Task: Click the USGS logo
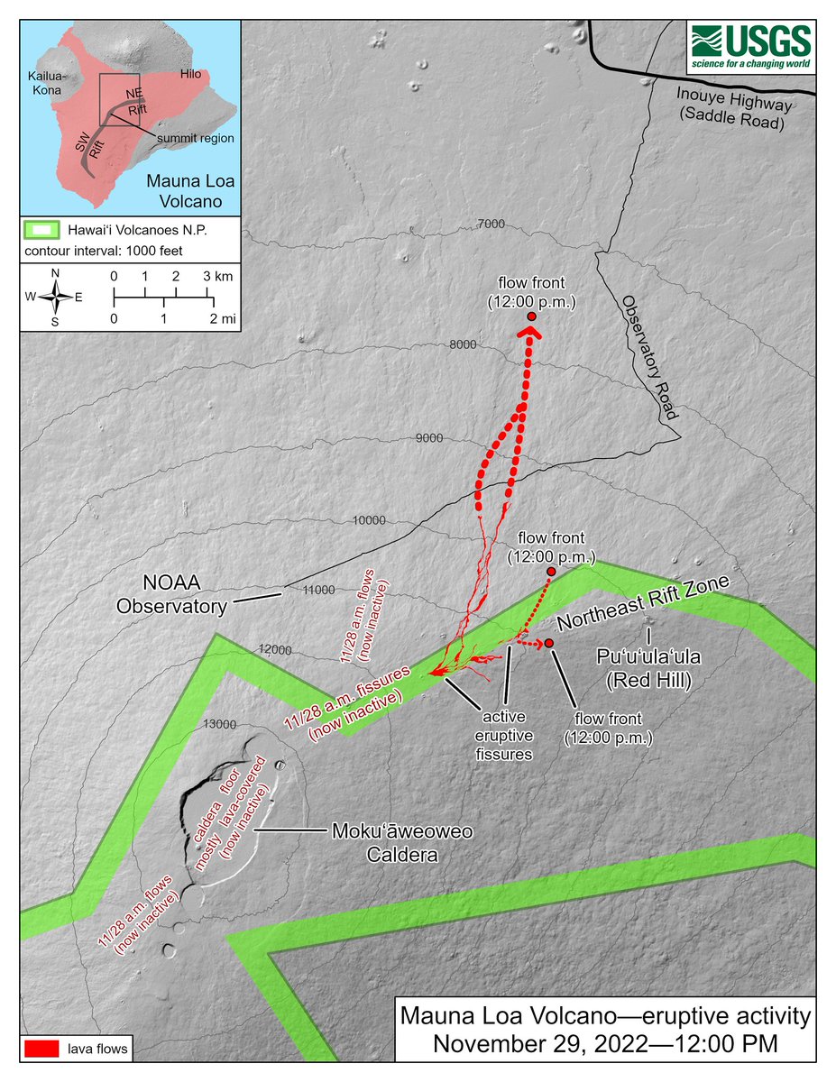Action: click(x=751, y=47)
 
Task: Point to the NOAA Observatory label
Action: click(x=171, y=596)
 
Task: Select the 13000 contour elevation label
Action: click(x=220, y=723)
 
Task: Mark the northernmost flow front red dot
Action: click(x=532, y=317)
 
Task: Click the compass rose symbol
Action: click(x=56, y=296)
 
